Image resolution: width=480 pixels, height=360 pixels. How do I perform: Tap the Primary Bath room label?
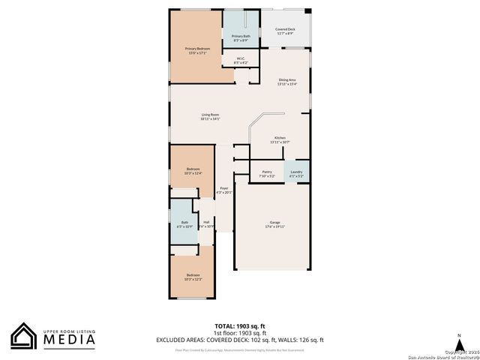(241, 37)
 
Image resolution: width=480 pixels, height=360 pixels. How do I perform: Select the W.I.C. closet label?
(241, 60)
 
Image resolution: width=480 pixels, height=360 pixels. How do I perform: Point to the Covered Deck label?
(285, 31)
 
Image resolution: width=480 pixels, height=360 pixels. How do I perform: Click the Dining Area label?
(287, 82)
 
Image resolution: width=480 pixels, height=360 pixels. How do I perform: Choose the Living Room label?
(210, 116)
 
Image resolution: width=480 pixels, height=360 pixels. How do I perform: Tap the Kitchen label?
(280, 139)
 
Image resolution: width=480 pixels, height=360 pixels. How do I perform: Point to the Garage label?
(275, 224)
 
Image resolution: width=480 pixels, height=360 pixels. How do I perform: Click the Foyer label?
(223, 190)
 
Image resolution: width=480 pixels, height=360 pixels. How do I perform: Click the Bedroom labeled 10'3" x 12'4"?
(193, 171)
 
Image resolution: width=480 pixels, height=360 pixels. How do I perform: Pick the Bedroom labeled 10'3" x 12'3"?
(193, 277)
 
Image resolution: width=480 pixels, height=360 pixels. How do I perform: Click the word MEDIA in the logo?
(68, 339)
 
